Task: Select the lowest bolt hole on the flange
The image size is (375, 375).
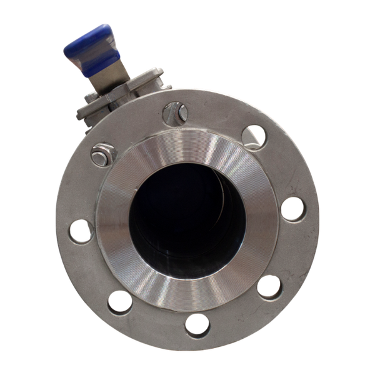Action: pos(196,323)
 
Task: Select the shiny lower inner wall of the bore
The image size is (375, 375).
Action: pos(187,266)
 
